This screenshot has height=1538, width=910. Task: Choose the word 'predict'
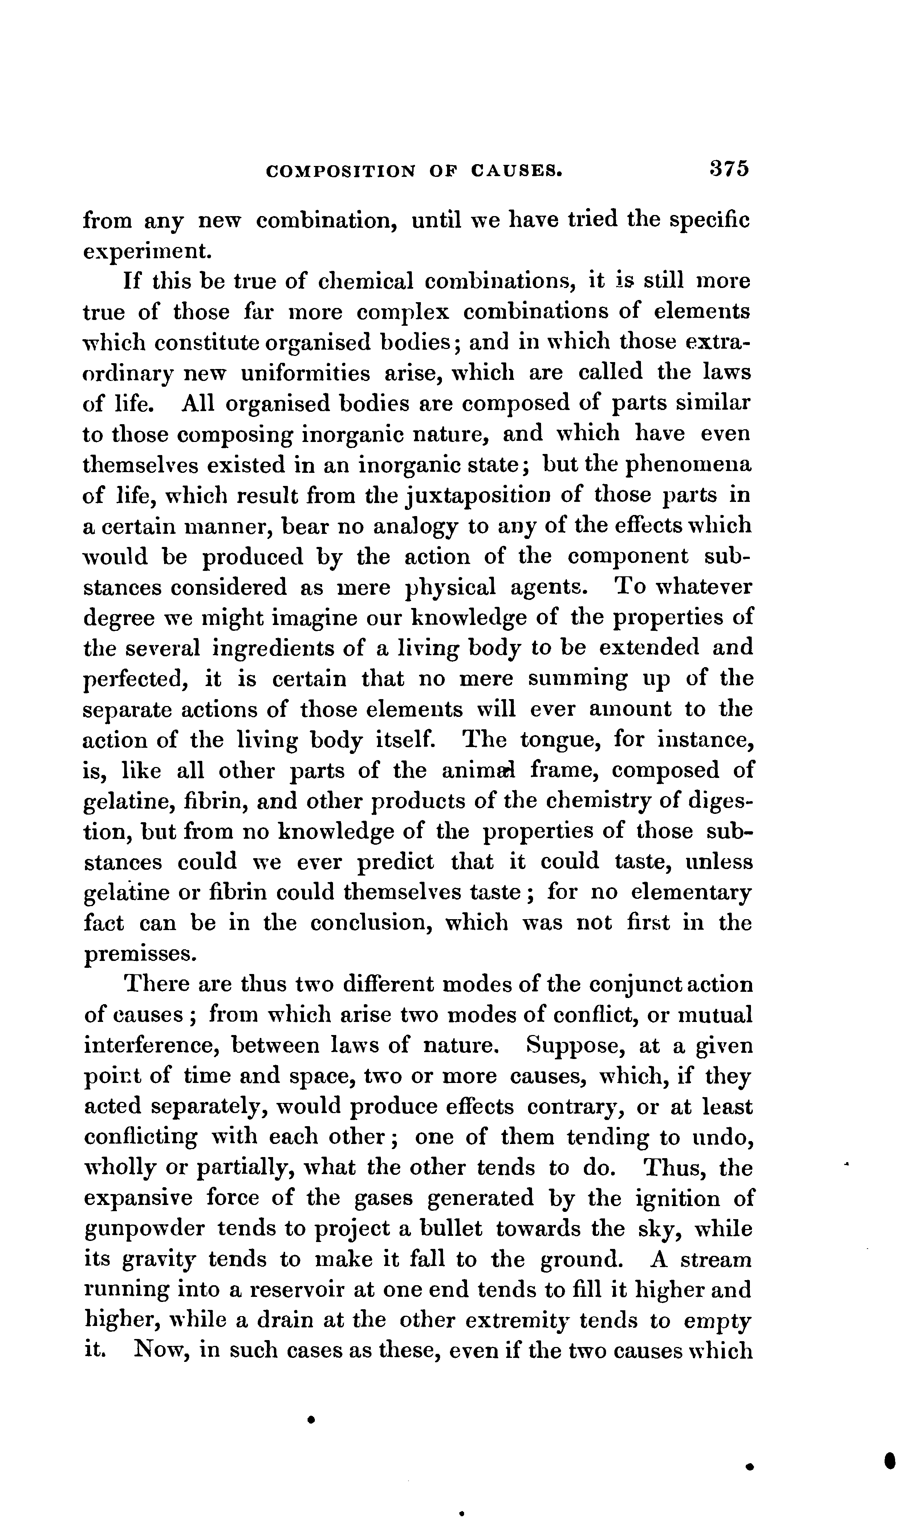click(x=395, y=862)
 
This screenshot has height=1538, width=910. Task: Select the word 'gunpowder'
click(x=144, y=1230)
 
